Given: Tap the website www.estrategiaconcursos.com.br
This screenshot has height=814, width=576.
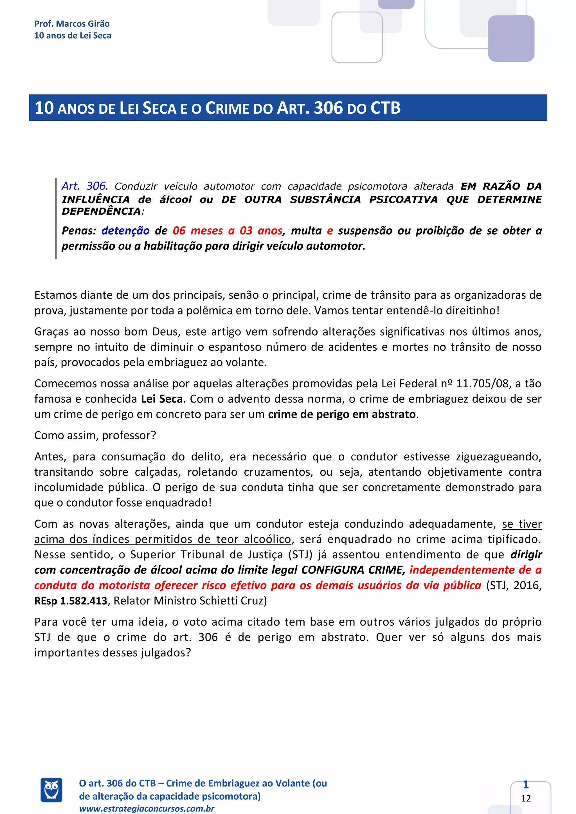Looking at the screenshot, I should pyautogui.click(x=147, y=809).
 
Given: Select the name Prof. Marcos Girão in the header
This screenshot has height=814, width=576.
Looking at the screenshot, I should pyautogui.click(x=72, y=24).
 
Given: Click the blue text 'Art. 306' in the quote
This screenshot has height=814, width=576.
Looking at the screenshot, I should pyautogui.click(x=84, y=186).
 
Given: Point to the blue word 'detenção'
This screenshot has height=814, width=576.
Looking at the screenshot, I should pyautogui.click(x=125, y=231).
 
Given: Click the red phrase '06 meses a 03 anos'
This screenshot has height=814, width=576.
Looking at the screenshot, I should pyautogui.click(x=227, y=231).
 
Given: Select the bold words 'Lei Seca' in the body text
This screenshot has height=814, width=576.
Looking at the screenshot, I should pyautogui.click(x=162, y=399).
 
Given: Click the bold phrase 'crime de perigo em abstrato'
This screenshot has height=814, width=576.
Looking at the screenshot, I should pyautogui.click(x=341, y=414).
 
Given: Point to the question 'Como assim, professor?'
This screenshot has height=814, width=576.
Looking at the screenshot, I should pyautogui.click(x=95, y=435).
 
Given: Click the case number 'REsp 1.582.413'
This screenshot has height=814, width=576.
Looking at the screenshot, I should pyautogui.click(x=71, y=601).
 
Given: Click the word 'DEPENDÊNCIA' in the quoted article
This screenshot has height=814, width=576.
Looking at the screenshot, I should pyautogui.click(x=101, y=212).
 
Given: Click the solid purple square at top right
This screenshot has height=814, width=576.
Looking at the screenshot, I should pyautogui.click(x=511, y=38).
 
